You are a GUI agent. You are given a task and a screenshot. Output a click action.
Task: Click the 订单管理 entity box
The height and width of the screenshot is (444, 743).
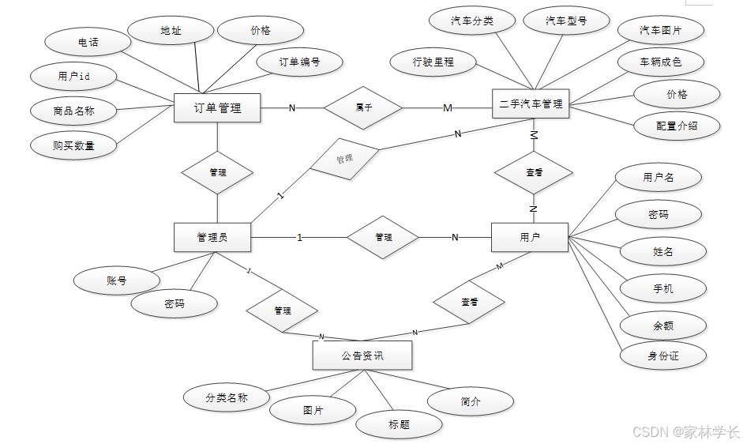[x=217, y=107]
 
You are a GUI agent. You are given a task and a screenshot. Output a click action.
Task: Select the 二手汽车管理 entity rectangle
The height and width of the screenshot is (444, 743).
[x=531, y=103]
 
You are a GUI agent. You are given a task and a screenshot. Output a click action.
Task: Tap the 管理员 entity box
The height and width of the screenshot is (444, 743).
[x=212, y=236]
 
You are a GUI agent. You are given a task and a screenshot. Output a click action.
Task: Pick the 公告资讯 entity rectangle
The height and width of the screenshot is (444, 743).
[x=362, y=356]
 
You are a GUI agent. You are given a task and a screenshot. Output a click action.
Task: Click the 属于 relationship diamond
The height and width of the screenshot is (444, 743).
[x=363, y=107]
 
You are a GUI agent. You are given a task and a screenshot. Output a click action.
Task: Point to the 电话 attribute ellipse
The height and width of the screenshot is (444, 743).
[x=88, y=41]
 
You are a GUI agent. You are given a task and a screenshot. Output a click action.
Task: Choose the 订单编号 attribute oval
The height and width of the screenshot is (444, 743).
[x=299, y=61]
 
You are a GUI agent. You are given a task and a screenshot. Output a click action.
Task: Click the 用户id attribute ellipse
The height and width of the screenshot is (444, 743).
[x=74, y=77]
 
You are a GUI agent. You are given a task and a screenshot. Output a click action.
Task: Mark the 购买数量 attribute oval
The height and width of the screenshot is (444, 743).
[x=73, y=145]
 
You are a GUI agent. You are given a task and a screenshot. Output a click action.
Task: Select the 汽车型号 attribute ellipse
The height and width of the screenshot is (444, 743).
[x=566, y=21]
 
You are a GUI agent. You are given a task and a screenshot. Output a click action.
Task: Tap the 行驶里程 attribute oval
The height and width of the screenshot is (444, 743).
[x=433, y=61]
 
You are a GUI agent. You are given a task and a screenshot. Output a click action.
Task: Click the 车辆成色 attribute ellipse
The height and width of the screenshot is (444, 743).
[x=661, y=61]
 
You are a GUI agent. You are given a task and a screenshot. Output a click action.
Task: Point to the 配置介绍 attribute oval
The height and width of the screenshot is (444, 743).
[x=677, y=125]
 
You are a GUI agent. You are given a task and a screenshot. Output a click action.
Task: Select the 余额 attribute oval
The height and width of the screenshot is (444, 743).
[x=662, y=325]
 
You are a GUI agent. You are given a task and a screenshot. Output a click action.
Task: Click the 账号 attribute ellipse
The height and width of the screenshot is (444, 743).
[x=116, y=280]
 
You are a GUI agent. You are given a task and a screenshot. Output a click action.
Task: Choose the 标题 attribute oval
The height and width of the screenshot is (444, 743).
[x=399, y=424]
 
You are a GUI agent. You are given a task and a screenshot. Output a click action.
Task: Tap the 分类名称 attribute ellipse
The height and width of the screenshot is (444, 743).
[x=226, y=397]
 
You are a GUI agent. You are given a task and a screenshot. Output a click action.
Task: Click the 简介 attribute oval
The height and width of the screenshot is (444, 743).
[x=470, y=401]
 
